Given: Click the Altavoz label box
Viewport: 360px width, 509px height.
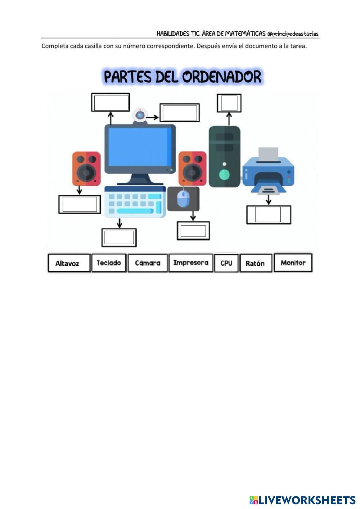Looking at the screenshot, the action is (69, 263).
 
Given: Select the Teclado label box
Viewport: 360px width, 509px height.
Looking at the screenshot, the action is (109, 263).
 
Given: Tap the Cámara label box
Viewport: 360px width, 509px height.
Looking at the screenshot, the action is (148, 263).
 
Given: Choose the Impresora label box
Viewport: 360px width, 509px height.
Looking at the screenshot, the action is (190, 263).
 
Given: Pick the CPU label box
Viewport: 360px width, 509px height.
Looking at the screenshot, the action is (226, 263).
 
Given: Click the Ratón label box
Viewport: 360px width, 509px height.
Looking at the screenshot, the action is (255, 263).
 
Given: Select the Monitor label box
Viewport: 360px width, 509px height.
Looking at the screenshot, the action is (293, 263).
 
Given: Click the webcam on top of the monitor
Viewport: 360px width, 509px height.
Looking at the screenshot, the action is (140, 116).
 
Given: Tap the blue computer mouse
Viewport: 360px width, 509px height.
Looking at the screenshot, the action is (183, 199).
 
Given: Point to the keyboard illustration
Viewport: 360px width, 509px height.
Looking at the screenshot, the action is (135, 202).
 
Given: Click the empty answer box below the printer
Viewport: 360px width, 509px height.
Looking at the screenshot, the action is (268, 215).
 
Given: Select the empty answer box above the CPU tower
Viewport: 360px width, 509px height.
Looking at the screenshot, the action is (229, 103).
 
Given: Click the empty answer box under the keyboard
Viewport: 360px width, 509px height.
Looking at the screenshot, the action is (119, 237).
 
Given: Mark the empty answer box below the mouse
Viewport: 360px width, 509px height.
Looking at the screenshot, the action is (193, 231).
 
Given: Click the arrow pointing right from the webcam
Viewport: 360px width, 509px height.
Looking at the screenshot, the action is (154, 117).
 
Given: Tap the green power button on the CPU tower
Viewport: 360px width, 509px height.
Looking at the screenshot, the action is (224, 175).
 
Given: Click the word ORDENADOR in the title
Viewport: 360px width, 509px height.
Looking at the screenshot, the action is (221, 77).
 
